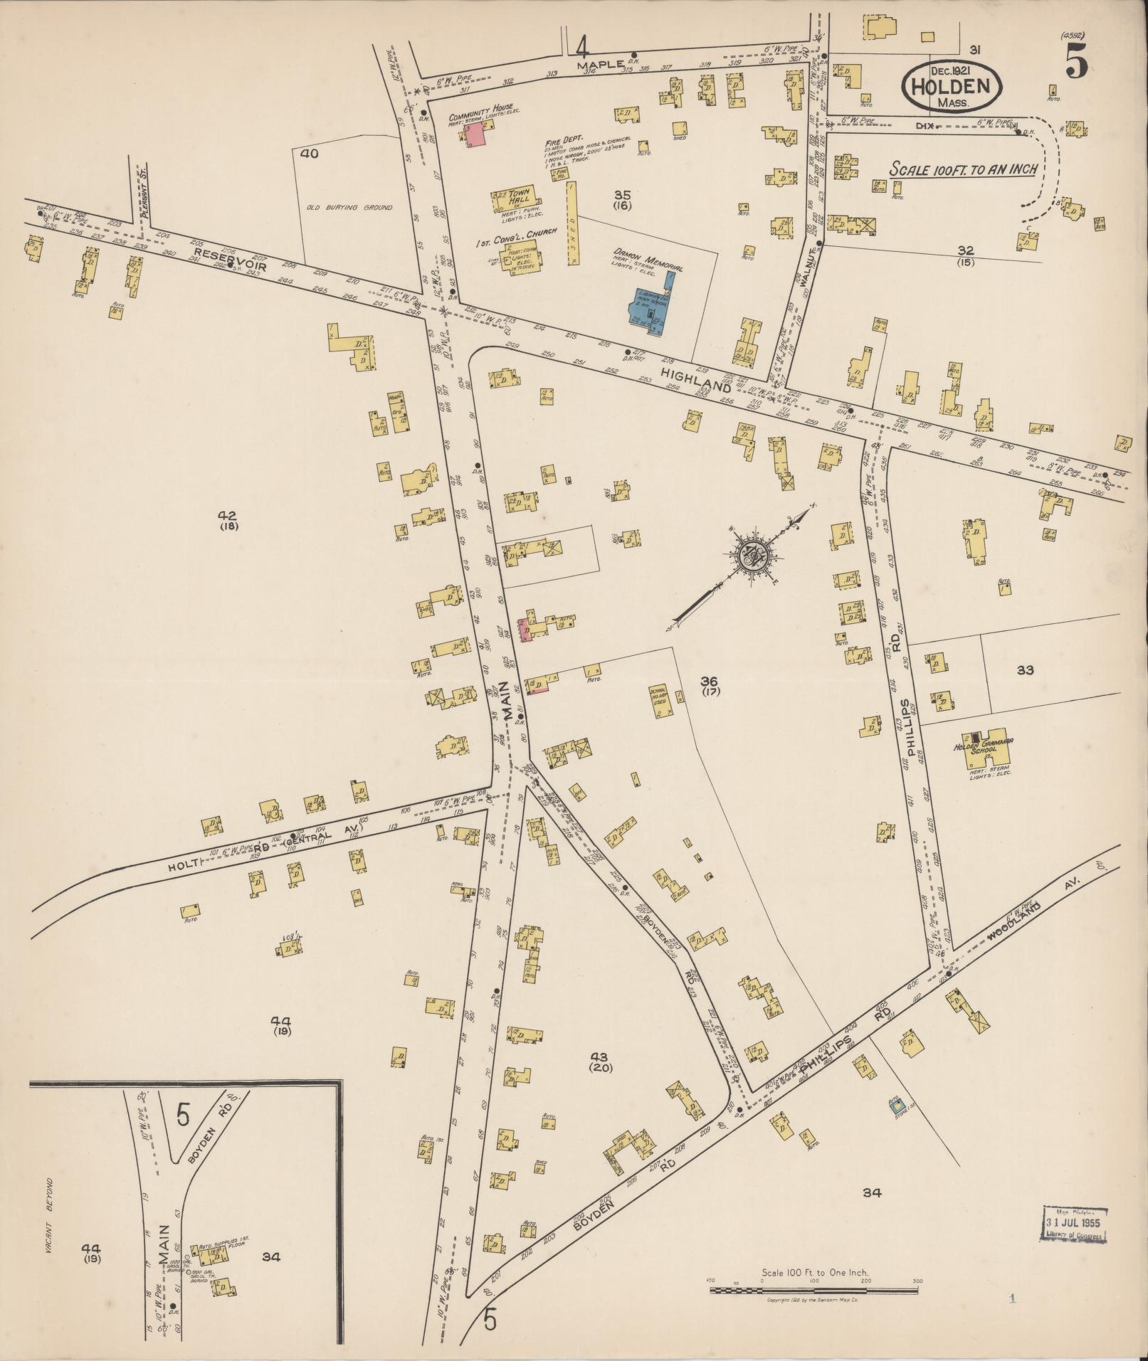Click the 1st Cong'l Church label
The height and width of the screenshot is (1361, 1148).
click(x=502, y=244)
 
